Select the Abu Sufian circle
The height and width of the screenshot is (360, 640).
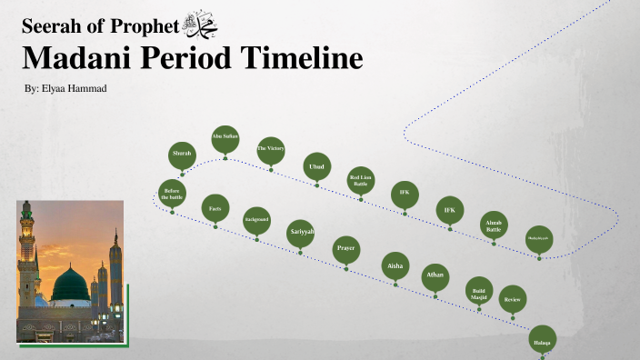pyautogui.click(x=225, y=137)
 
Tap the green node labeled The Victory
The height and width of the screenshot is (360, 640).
pyautogui.click(x=271, y=149)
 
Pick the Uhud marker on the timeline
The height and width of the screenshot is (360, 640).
pyautogui.click(x=316, y=166)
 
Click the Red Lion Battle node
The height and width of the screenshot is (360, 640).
pyautogui.click(x=361, y=180)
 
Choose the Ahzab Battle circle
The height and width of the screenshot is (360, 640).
pyautogui.click(x=494, y=225)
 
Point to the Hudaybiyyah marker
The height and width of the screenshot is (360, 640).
pyautogui.click(x=538, y=239)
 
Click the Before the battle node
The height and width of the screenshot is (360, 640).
pyautogui.click(x=173, y=193)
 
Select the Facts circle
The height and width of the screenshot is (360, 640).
pyautogui.click(x=215, y=208)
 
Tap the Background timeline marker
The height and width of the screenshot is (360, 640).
pyautogui.click(x=256, y=219)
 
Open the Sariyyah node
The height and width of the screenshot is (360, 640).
pyautogui.click(x=301, y=233)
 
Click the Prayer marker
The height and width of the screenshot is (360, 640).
pyautogui.click(x=345, y=248)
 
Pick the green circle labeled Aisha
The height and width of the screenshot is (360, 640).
pyautogui.click(x=395, y=265)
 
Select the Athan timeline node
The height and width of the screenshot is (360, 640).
pyautogui.click(x=435, y=275)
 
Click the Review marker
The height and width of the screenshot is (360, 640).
pyautogui.click(x=513, y=298)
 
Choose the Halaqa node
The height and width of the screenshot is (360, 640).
pyautogui.click(x=542, y=339)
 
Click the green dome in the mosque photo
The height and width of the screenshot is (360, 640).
pyautogui.click(x=69, y=285)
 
